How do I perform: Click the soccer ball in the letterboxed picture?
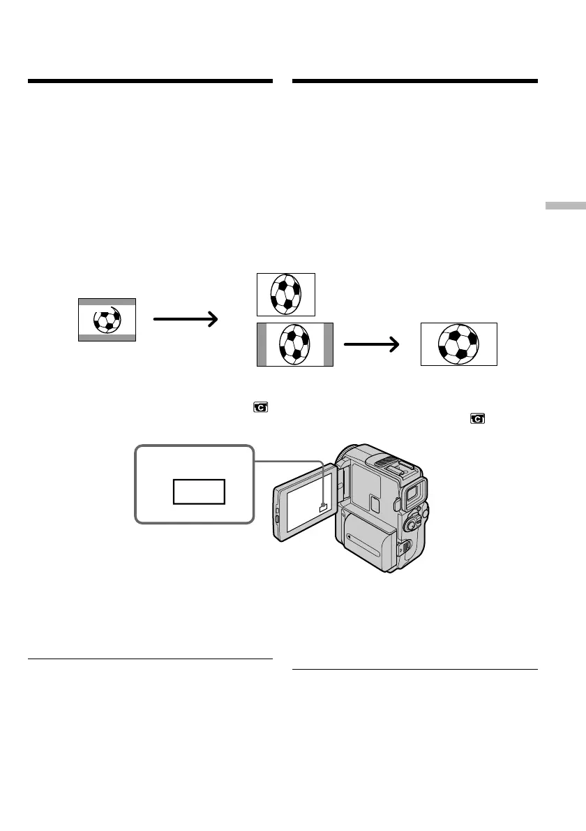click(107, 320)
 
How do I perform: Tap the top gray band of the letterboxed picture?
click(107, 302)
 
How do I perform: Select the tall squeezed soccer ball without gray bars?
click(286, 294)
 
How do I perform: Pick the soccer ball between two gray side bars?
click(295, 345)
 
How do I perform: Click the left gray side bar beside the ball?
click(262, 345)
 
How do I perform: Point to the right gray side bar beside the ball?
click(329, 345)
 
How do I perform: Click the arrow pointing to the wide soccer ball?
click(373, 344)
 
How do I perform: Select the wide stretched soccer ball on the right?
click(458, 344)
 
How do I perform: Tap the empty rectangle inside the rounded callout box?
click(200, 492)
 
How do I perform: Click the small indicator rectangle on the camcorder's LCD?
click(322, 509)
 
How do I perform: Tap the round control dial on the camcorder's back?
click(414, 522)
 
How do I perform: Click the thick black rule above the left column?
click(150, 82)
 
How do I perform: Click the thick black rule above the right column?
click(414, 82)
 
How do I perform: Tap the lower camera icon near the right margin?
click(477, 419)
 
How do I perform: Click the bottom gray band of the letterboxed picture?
click(107, 337)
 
